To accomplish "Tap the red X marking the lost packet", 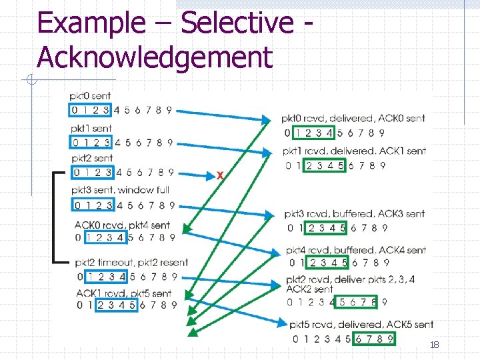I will (x=219, y=175).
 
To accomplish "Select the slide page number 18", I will (x=434, y=345).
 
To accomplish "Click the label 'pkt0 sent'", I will (x=91, y=97).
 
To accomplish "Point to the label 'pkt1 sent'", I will (x=91, y=128).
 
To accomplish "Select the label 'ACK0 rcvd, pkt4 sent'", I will (x=122, y=225).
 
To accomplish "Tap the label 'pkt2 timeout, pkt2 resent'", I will (x=131, y=262).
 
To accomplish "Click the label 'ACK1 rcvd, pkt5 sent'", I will (x=123, y=293).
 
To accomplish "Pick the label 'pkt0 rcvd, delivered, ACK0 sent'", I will (x=353, y=119).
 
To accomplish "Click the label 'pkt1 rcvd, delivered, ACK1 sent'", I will (x=354, y=151).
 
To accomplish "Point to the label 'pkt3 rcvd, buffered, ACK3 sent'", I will (x=354, y=214).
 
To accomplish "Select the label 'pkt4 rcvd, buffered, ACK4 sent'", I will (x=355, y=250).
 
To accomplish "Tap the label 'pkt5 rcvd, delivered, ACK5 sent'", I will (x=361, y=325).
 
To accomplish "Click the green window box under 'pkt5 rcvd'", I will (x=375, y=339).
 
